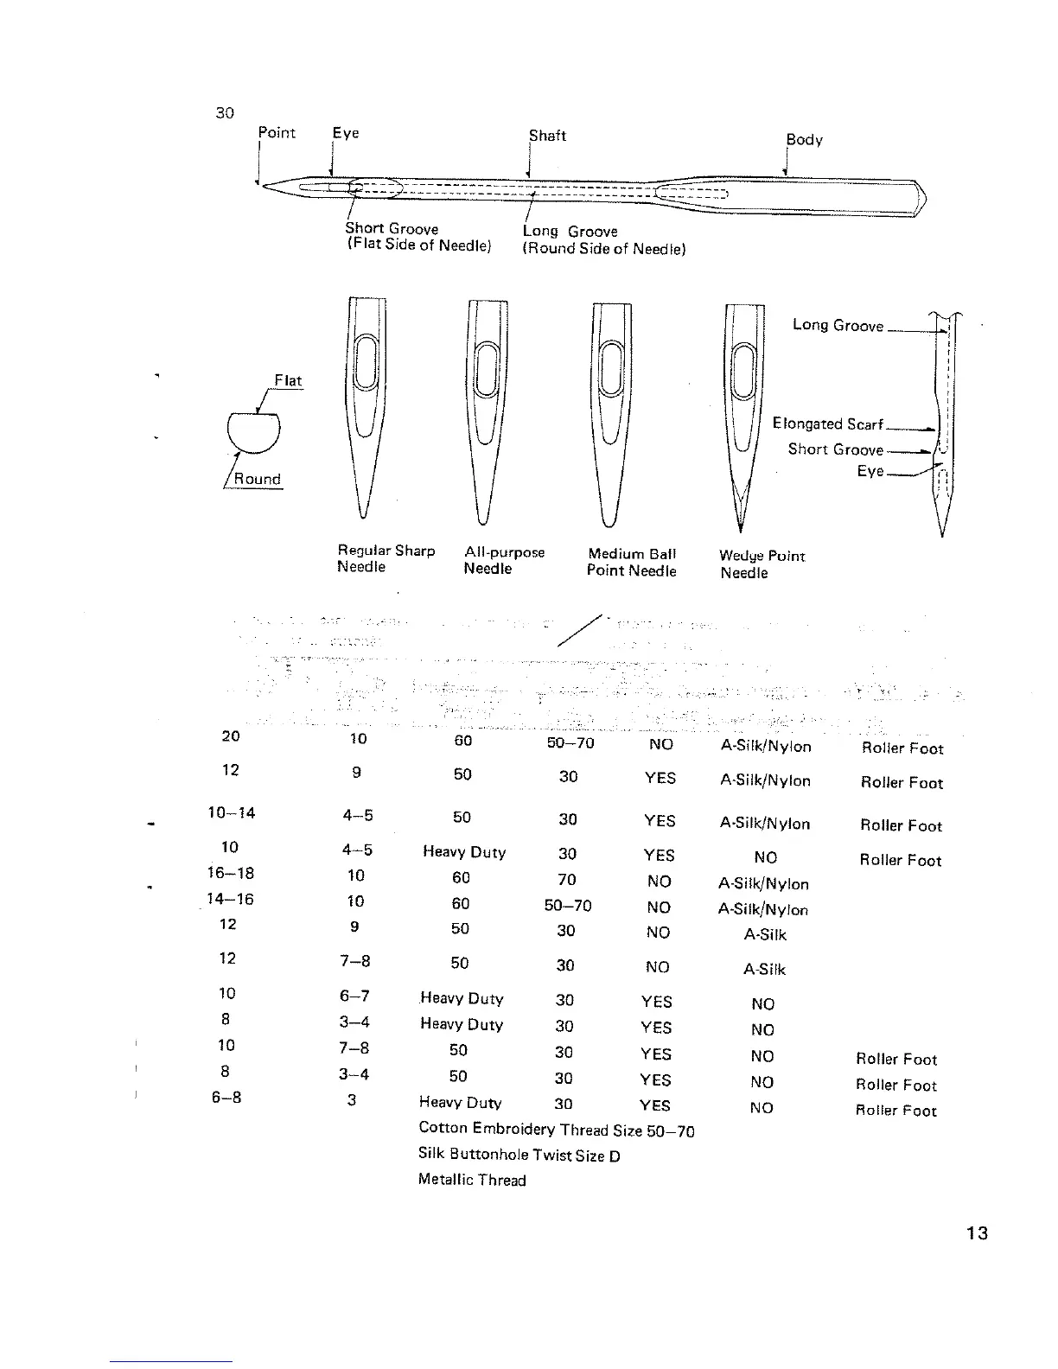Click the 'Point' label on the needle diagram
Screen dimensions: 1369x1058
277,133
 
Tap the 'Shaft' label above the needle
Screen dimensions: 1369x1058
547,136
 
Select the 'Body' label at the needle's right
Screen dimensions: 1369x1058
804,140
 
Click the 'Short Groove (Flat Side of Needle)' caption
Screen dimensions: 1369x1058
418,237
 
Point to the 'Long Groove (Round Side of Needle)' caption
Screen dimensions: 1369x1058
603,240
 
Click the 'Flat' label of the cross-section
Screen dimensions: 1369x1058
288,380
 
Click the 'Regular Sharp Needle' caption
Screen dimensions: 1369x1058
386,558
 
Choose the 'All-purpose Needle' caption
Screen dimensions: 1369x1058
504,560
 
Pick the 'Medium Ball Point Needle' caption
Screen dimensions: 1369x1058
631,562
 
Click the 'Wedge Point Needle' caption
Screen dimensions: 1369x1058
762,564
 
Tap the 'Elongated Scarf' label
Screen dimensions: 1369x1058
827,423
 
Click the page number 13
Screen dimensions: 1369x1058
977,1233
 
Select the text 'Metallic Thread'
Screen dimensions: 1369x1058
472,1181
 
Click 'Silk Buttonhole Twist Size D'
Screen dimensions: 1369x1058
519,1155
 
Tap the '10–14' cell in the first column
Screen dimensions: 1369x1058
232,813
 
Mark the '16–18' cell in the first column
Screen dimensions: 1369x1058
232,873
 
